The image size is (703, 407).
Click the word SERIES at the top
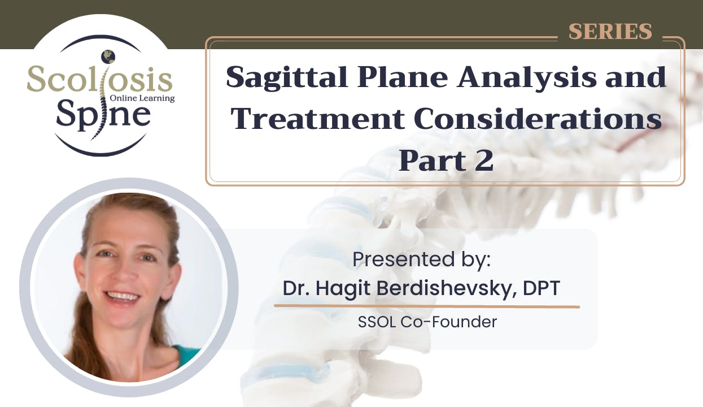(x=610, y=31)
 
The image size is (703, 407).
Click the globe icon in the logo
(x=108, y=57)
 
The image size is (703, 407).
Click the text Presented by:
(x=422, y=259)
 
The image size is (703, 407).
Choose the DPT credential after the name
(x=541, y=288)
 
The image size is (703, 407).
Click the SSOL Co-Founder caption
(x=427, y=322)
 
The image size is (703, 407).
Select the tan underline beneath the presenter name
(x=427, y=306)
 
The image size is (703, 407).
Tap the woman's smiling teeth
(x=123, y=296)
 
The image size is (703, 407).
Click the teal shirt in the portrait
(x=188, y=356)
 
